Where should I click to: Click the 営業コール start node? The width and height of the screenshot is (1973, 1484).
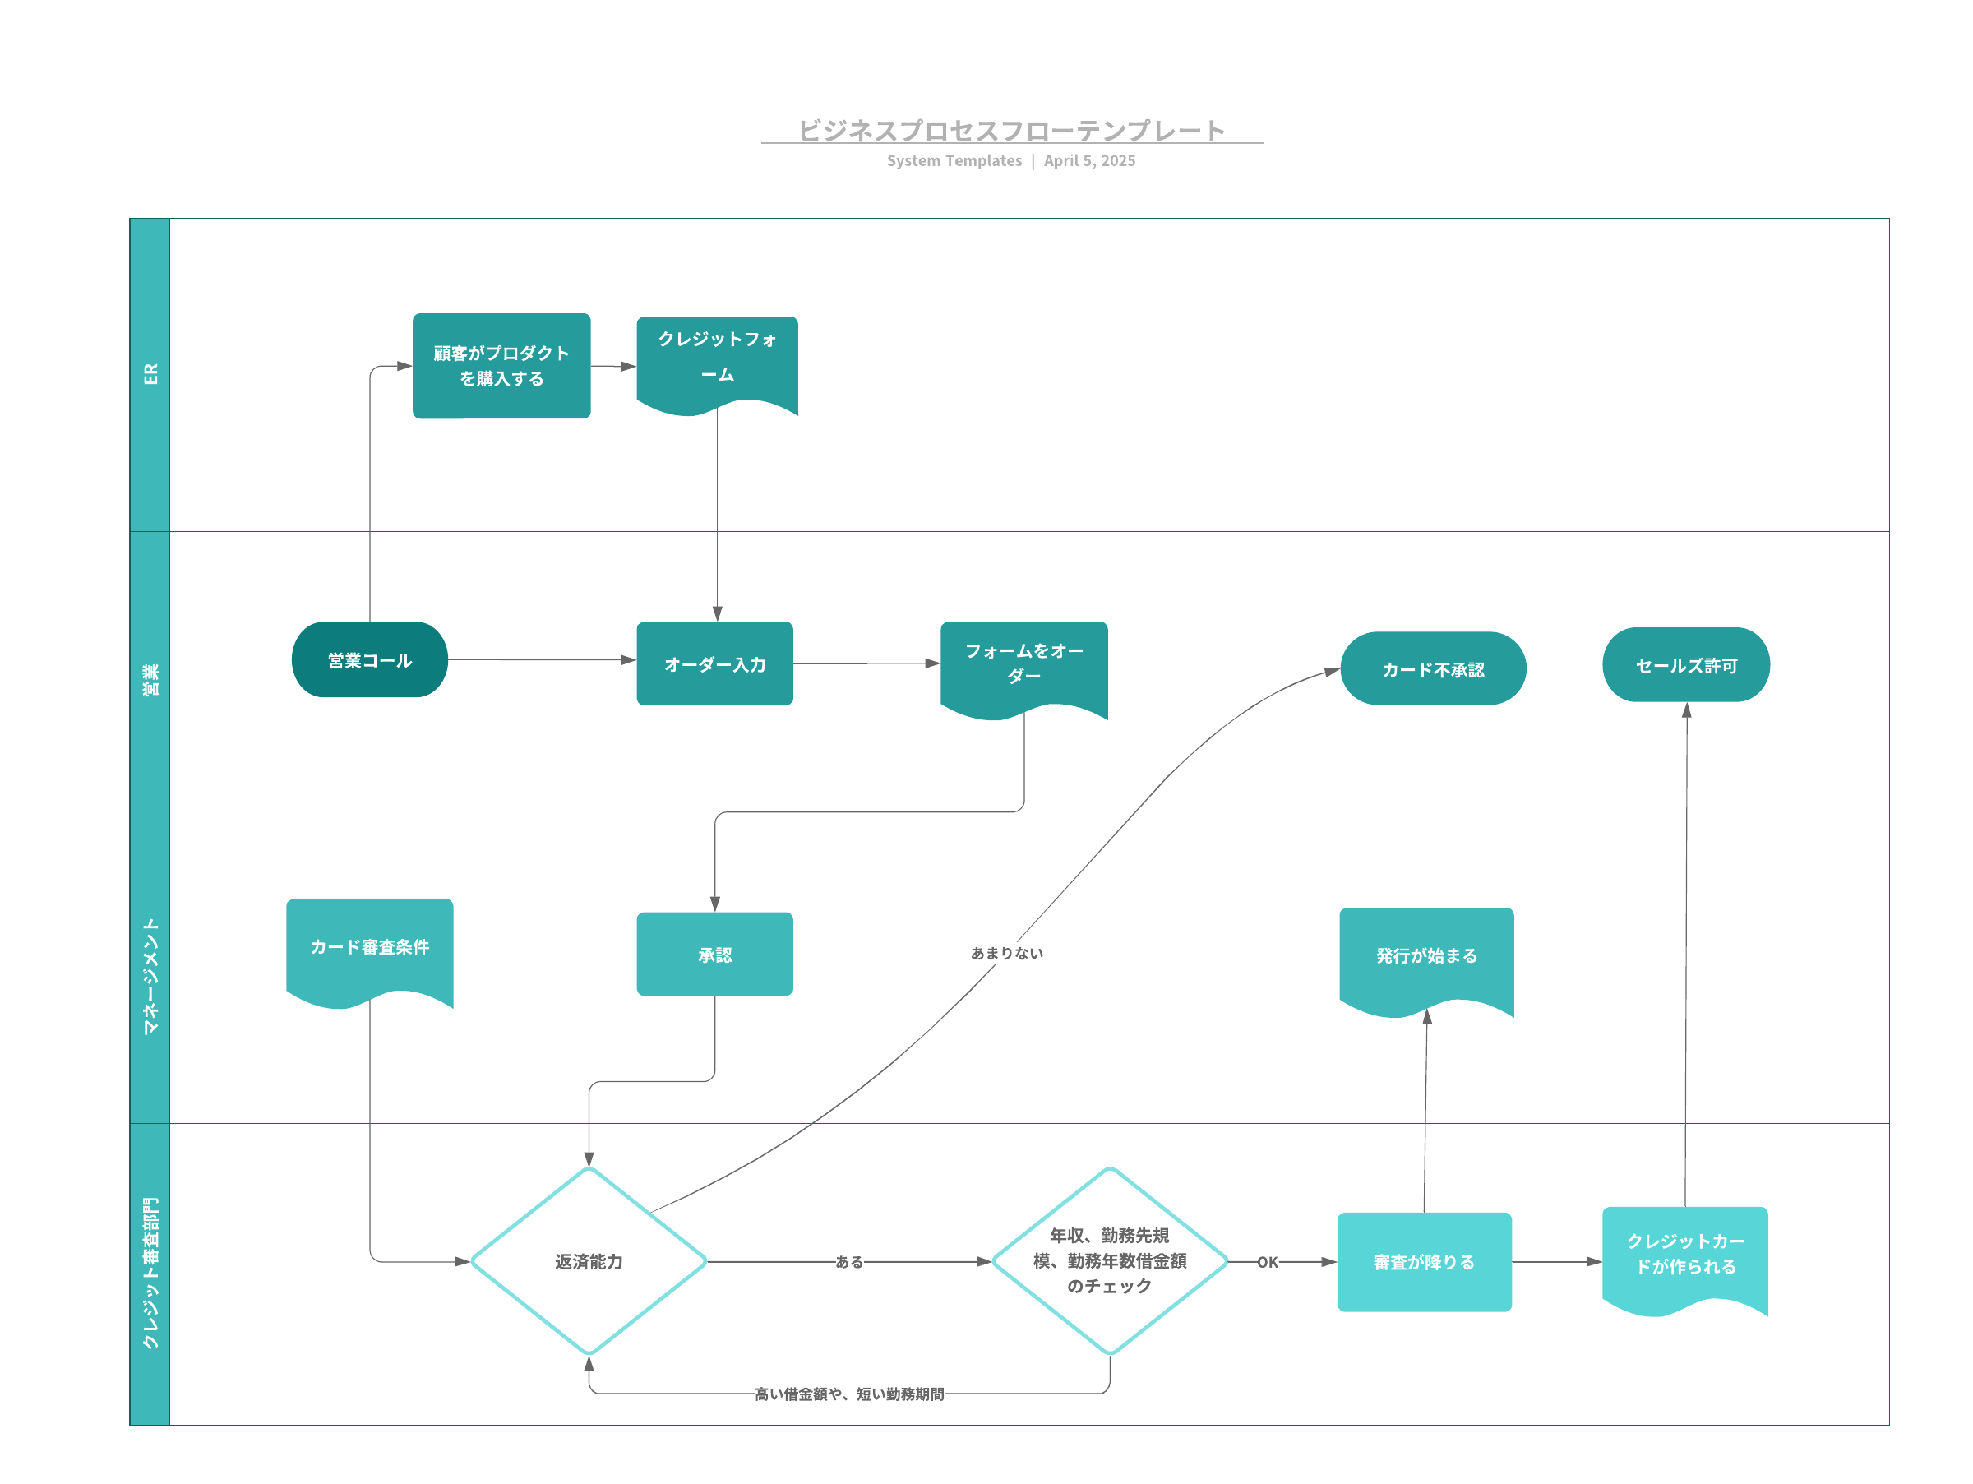point(369,660)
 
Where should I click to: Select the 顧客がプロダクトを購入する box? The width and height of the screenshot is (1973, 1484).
point(501,366)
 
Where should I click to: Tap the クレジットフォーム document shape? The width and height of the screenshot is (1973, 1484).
point(717,364)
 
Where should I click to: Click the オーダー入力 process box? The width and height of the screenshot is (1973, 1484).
point(714,663)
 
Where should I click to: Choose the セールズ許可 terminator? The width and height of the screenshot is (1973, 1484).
point(1686,664)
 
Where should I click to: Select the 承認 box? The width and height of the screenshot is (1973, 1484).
point(714,955)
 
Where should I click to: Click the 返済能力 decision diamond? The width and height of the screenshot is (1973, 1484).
point(589,1261)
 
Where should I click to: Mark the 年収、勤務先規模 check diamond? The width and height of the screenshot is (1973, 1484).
point(1110,1261)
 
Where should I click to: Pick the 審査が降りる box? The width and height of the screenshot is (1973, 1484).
point(1425,1262)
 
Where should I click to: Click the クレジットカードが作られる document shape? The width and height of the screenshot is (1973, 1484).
point(1685,1257)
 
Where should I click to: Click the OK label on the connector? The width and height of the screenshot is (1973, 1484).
point(1268,1262)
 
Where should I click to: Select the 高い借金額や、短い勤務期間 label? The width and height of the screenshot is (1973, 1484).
point(849,1394)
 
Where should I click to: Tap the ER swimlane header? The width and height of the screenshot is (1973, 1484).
point(150,375)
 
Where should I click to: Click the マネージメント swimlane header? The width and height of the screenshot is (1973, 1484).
point(150,977)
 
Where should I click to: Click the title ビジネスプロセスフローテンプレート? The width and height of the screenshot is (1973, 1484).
point(1011,130)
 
